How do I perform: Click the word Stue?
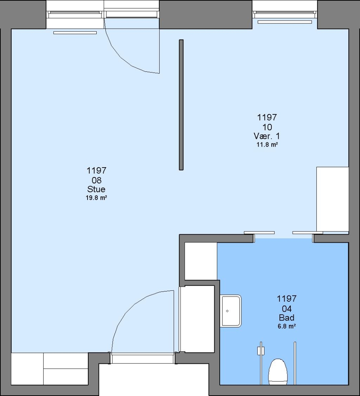tap(96, 189)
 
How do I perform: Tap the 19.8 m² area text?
tap(96, 198)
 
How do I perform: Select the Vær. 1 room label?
tap(267, 136)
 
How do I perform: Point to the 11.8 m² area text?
tap(267, 145)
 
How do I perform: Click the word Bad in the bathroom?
tap(287, 318)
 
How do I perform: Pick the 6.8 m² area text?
tap(287, 326)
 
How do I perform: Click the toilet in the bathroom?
tap(278, 371)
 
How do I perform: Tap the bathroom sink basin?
tap(231, 311)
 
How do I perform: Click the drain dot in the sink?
tap(227, 311)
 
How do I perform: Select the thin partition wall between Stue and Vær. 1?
tap(181, 105)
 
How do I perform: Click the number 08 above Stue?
tap(96, 180)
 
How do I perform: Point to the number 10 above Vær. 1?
tap(267, 127)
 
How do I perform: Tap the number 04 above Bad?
tap(287, 309)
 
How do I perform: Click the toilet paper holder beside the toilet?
tap(261, 351)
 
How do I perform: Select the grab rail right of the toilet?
tap(295, 363)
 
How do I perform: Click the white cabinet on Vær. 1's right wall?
tap(333, 199)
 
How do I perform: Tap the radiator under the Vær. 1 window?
tap(285, 22)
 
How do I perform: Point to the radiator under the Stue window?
tap(75, 33)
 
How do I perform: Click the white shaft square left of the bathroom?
tap(201, 261)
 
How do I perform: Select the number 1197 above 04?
tap(287, 298)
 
